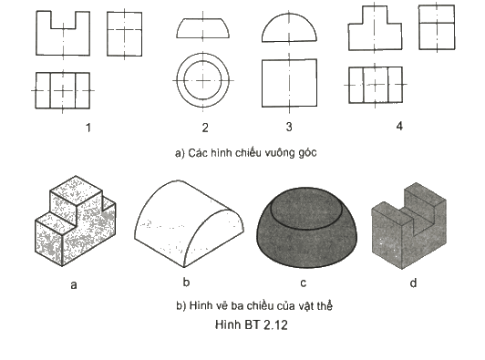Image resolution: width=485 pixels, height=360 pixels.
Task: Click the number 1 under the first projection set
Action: tap(88, 128)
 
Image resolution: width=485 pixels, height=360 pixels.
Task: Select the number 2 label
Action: tap(205, 128)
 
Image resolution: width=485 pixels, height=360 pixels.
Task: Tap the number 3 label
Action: tap(289, 127)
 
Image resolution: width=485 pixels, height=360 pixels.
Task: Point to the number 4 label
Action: tap(399, 126)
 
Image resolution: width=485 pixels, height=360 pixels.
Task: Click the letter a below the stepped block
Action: tap(74, 284)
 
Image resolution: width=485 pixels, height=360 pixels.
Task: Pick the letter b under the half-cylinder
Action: tap(186, 282)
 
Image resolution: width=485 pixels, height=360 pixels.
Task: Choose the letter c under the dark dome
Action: tap(303, 283)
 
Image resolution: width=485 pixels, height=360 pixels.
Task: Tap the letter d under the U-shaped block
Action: tap(413, 283)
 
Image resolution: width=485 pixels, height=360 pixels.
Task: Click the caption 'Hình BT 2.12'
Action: tap(252, 324)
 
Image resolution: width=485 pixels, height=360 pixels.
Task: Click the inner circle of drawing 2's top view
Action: tap(184, 80)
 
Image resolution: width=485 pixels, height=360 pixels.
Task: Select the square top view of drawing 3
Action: tap(262, 83)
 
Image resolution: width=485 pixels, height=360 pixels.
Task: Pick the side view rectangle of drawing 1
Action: tap(107, 34)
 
